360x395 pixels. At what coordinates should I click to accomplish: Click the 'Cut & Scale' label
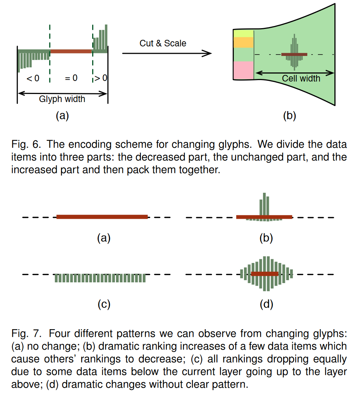pyautogui.click(x=163, y=44)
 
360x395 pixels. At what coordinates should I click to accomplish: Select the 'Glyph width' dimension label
pyautogui.click(x=62, y=99)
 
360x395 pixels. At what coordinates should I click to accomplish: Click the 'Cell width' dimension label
pyautogui.click(x=301, y=78)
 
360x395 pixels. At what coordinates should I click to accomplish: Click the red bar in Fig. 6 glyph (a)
pyautogui.click(x=71, y=52)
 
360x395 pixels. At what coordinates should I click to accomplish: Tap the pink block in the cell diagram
pyautogui.click(x=243, y=70)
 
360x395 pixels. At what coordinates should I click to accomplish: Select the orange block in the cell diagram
pyautogui.click(x=243, y=42)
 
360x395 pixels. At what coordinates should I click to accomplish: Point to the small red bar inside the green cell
pyautogui.click(x=294, y=54)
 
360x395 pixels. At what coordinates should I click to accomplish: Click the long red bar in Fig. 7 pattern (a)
pyautogui.click(x=102, y=217)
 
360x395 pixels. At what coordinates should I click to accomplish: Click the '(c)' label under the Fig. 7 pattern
pyautogui.click(x=104, y=304)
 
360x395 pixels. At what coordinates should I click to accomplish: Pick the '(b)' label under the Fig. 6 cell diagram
pyautogui.click(x=289, y=116)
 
